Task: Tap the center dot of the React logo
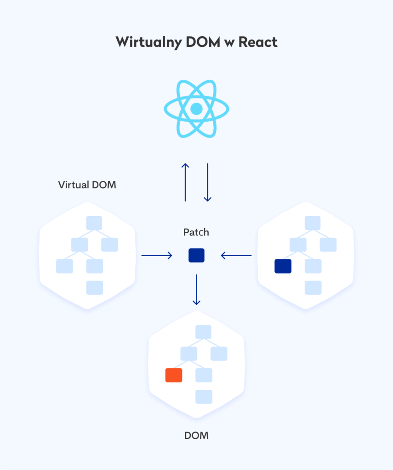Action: pyautogui.click(x=196, y=109)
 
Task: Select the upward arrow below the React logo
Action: pyautogui.click(x=185, y=182)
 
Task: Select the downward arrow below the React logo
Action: pyautogui.click(x=207, y=182)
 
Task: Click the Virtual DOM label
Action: pyautogui.click(x=87, y=185)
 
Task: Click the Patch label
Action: pyautogui.click(x=196, y=232)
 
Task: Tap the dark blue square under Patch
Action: pyautogui.click(x=196, y=255)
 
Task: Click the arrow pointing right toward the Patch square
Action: pyautogui.click(x=156, y=255)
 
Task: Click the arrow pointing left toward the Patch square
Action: pyautogui.click(x=236, y=255)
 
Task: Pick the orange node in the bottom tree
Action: pyautogui.click(x=174, y=375)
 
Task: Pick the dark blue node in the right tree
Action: pyautogui.click(x=283, y=266)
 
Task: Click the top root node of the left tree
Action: pyautogui.click(x=94, y=223)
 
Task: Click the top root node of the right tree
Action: pyautogui.click(x=313, y=223)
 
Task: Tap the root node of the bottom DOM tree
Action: pyautogui.click(x=203, y=332)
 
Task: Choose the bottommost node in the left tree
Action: pyautogui.click(x=95, y=288)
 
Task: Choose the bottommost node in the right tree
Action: pyautogui.click(x=313, y=288)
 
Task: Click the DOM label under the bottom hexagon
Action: pyautogui.click(x=196, y=435)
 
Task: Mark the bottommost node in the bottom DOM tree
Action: pyautogui.click(x=204, y=397)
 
